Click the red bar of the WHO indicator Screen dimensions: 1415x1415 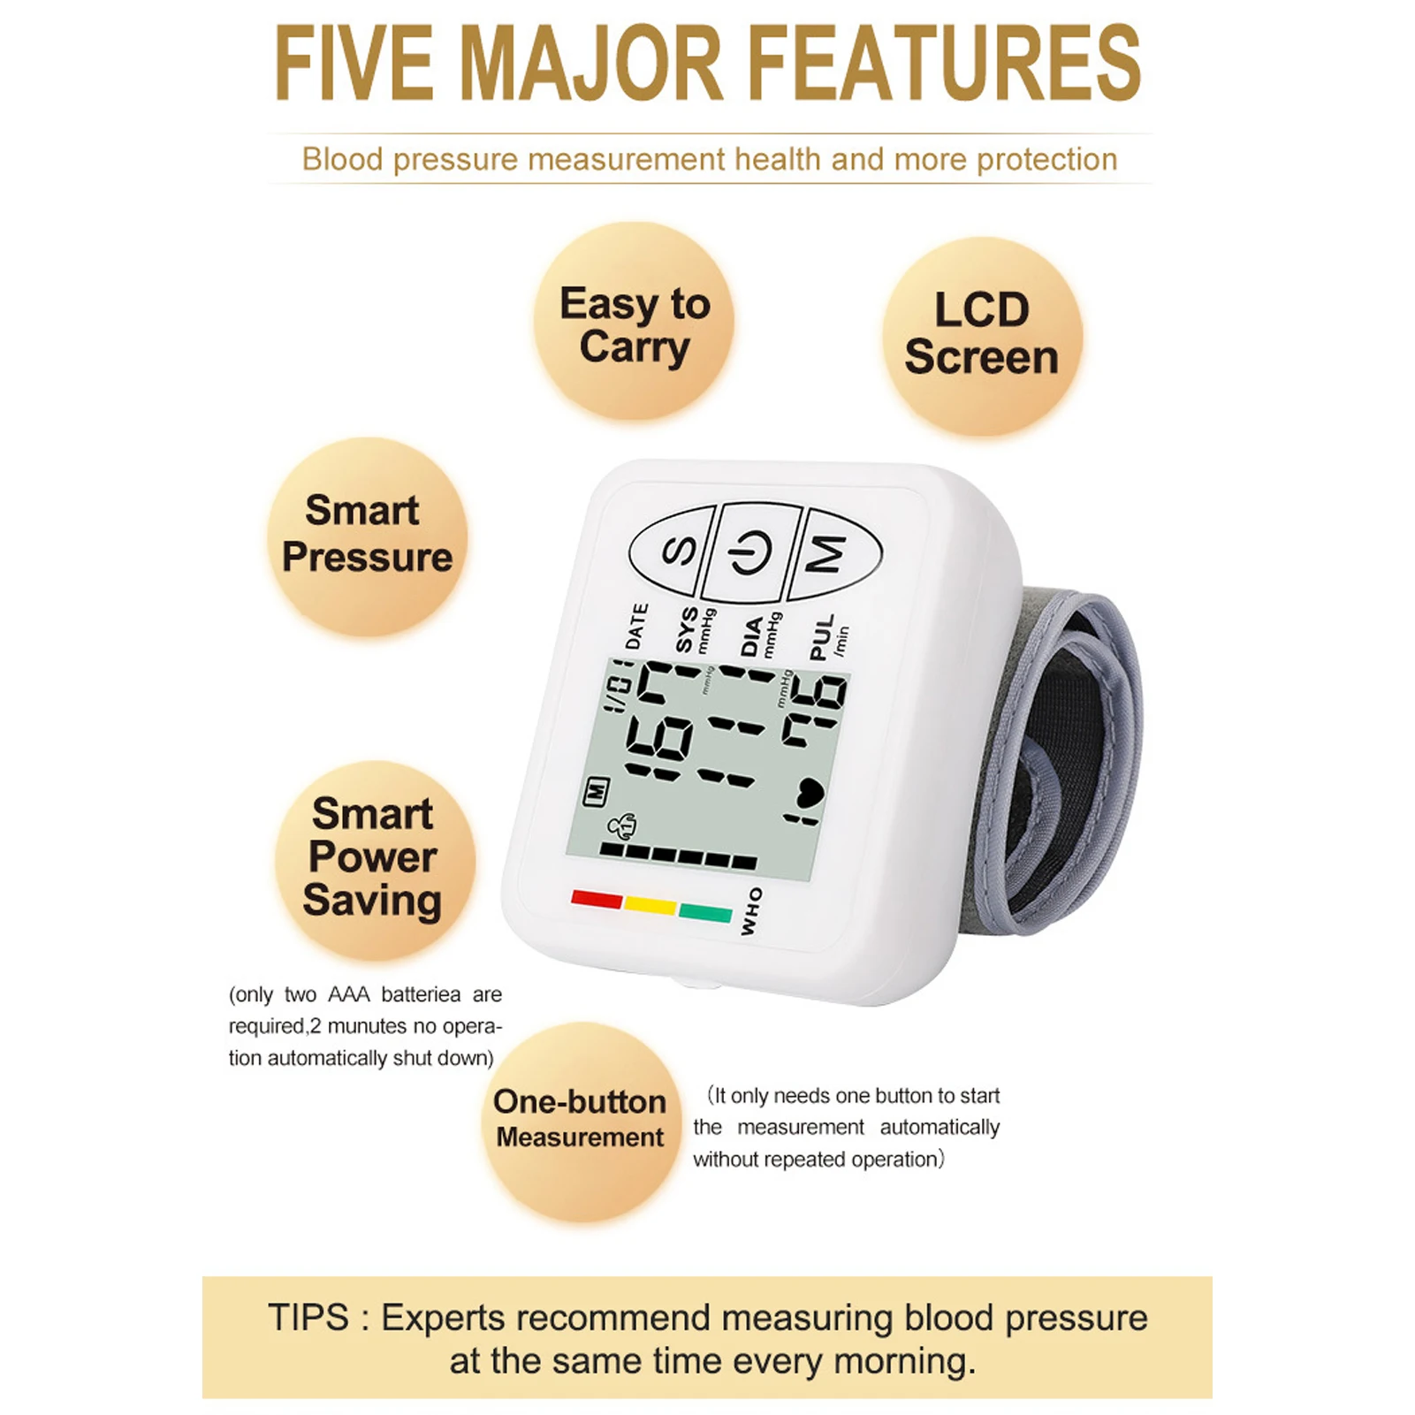coord(597,899)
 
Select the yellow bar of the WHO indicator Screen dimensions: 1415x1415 coord(650,905)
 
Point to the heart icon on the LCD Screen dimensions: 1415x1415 coord(806,792)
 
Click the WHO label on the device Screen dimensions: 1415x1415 coord(750,912)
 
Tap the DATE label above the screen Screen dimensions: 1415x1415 coord(636,626)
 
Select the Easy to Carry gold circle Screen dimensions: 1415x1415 coord(635,323)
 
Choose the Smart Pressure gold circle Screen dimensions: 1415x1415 coord(367,536)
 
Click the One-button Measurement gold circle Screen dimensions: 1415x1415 coord(581,1120)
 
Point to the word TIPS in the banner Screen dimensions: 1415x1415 coord(308,1318)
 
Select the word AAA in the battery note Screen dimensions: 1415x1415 coord(348,995)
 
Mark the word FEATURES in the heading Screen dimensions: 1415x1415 coord(946,64)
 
